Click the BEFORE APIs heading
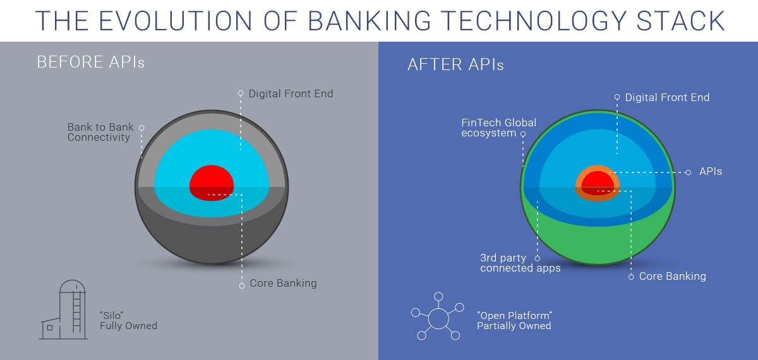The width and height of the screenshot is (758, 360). point(90,62)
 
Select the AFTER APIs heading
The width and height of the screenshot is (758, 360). point(455,64)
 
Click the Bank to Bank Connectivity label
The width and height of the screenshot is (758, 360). point(100,132)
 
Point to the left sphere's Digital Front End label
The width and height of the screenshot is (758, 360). point(291,93)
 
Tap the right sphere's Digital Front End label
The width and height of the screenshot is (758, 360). point(667,97)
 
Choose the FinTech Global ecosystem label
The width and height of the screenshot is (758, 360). point(498,128)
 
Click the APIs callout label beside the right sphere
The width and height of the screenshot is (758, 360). point(711,171)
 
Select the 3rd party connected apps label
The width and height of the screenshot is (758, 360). point(520,263)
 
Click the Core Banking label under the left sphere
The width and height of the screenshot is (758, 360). point(283,283)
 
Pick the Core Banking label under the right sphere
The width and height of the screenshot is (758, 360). point(672,276)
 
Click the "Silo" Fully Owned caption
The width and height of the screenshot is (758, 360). point(128,320)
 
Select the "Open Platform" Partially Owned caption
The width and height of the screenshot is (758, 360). point(514,320)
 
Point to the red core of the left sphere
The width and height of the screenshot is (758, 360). point(212,182)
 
